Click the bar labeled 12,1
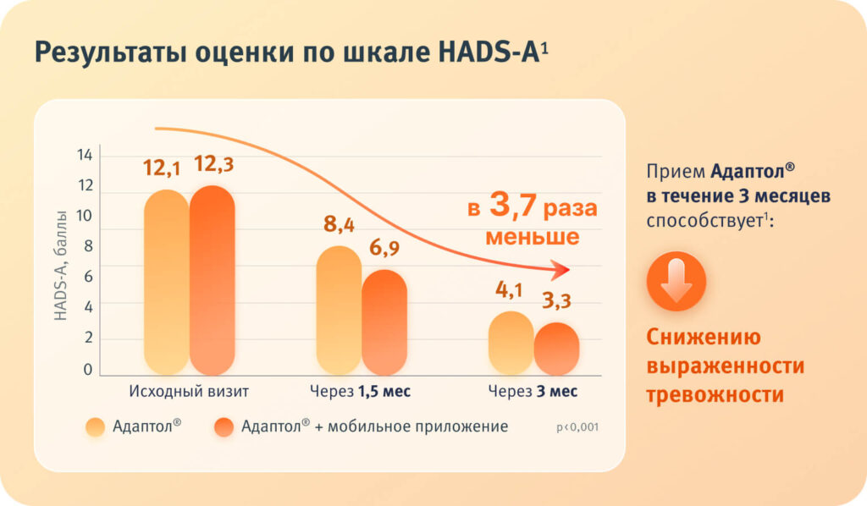pos(167,283)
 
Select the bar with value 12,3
pos(212,281)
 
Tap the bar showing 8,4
pos(339,311)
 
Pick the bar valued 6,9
pos(384,322)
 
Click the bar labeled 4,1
pos(511,344)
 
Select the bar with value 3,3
pos(556,349)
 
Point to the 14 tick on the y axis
pos(85,156)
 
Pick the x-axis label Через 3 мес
pos(533,392)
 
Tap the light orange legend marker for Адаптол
pos(96,427)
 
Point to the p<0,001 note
pos(577,427)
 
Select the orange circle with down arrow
pos(676,281)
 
